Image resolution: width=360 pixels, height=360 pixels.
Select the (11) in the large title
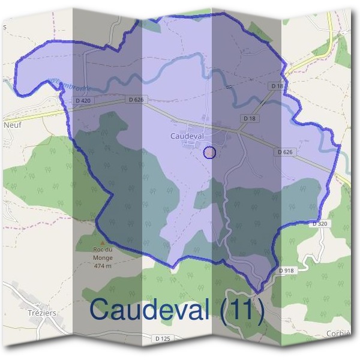[242, 310]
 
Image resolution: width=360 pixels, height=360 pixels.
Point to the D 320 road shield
[320, 224]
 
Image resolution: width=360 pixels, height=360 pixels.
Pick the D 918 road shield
[287, 271]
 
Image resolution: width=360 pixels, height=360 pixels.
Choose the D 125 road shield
[163, 339]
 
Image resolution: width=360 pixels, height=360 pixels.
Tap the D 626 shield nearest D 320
[285, 152]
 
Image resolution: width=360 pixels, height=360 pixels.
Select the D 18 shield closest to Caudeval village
[250, 119]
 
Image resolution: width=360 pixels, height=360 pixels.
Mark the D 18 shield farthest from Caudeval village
[277, 86]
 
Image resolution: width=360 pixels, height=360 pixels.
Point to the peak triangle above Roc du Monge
[102, 243]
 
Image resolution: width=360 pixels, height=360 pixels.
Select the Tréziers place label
[42, 313]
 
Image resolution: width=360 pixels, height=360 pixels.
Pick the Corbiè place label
[338, 334]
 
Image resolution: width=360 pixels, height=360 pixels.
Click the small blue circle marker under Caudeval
[209, 152]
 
